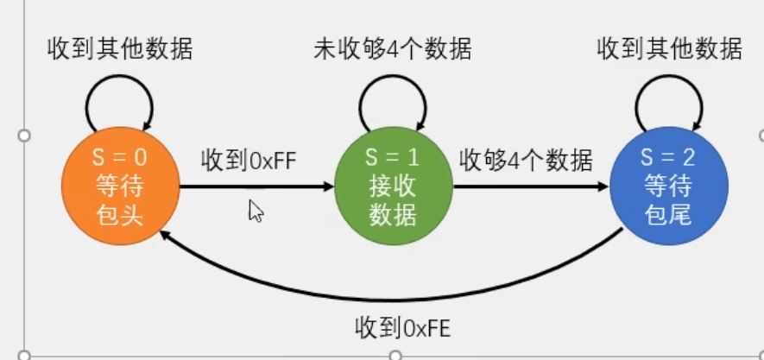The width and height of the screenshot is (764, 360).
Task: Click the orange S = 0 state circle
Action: point(120,186)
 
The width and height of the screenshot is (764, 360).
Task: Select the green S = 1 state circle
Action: point(394,186)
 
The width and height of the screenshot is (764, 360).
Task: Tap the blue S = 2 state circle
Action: point(669,186)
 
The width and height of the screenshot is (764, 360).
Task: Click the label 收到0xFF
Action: point(249,161)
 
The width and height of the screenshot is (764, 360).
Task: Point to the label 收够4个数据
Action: point(526,161)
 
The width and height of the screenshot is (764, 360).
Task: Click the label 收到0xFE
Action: point(403,327)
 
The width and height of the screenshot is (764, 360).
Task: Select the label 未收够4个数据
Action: point(393,49)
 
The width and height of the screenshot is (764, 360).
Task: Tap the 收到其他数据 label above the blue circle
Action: point(669,49)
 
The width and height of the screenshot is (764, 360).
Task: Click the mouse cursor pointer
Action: point(255,211)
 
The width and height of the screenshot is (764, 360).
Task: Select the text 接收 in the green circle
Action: point(394,186)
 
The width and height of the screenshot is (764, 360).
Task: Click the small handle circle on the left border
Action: point(24,136)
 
